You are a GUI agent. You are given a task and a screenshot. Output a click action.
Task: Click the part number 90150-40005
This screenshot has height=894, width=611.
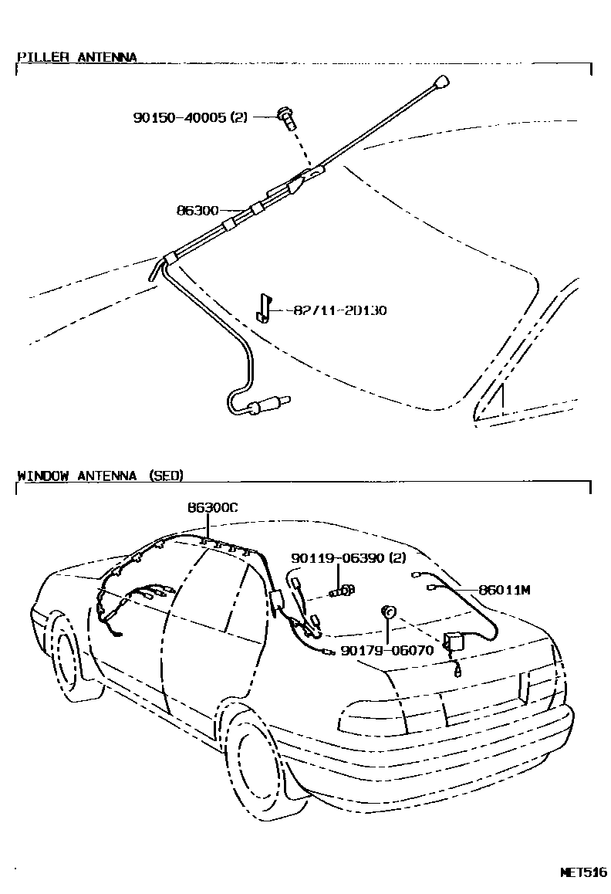click(x=179, y=117)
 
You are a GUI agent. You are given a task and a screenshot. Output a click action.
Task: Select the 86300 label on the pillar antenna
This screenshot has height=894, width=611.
click(x=197, y=210)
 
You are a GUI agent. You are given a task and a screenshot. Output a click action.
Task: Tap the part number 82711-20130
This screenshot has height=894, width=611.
click(x=340, y=310)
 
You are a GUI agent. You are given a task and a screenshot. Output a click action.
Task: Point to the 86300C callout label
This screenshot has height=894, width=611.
click(x=213, y=507)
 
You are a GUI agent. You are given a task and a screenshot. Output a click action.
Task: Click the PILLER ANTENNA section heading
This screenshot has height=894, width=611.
click(x=76, y=57)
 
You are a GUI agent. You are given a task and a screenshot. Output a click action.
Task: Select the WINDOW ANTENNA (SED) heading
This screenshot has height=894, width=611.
click(x=100, y=476)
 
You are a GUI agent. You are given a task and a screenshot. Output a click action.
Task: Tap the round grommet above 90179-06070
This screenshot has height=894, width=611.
click(x=390, y=612)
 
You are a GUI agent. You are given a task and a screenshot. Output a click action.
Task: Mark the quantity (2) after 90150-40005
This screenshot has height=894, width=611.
click(x=238, y=117)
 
